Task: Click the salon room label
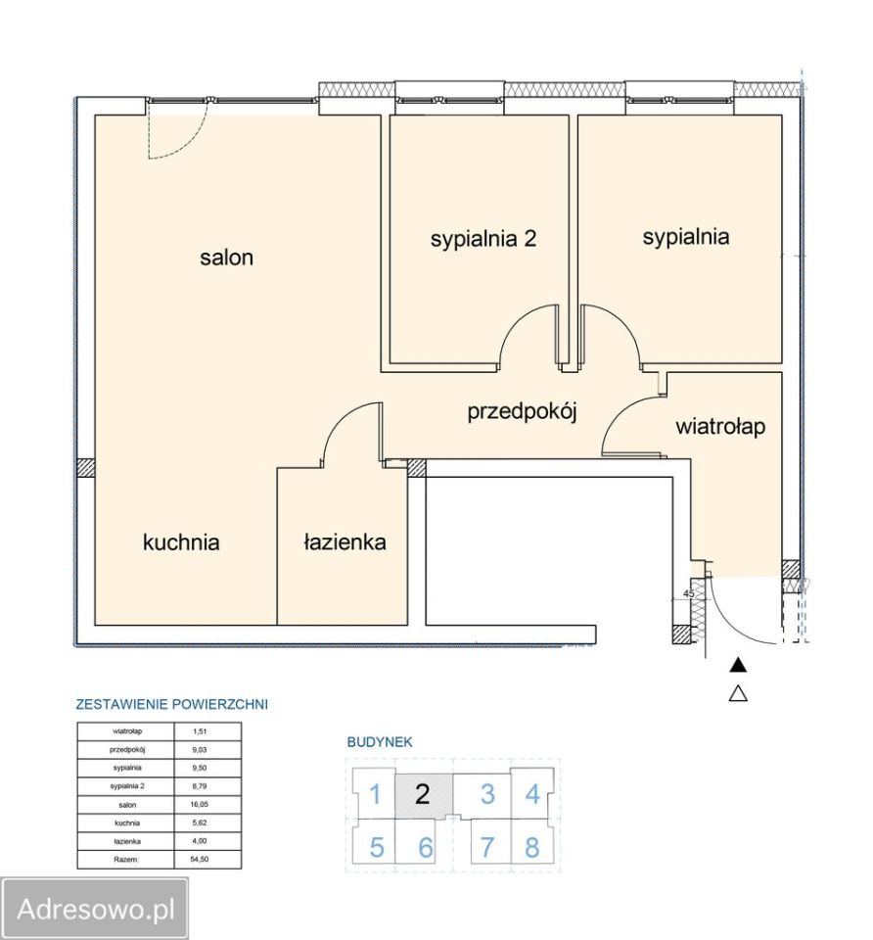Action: coord(226,258)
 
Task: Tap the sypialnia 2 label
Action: coord(482,239)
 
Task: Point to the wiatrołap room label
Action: coord(720,427)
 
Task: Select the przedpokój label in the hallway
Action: coord(522,412)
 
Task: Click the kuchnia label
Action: coord(181,541)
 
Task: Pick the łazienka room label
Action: coord(345,541)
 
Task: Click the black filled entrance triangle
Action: coord(738,664)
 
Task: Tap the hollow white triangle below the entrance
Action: coord(738,694)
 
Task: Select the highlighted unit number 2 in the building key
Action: coord(423,794)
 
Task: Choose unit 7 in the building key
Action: coord(487,847)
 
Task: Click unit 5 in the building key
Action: coord(376,847)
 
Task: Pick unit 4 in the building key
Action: coord(532,794)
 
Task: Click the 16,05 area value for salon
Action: coord(200,805)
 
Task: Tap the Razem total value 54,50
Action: coord(200,859)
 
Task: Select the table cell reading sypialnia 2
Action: coord(127,786)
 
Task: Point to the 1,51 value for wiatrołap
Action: coord(200,731)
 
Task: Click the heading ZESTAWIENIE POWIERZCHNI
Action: coord(172,704)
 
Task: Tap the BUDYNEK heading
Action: coord(380,741)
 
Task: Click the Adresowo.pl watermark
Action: coord(96,909)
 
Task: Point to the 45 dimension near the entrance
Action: coord(689,593)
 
